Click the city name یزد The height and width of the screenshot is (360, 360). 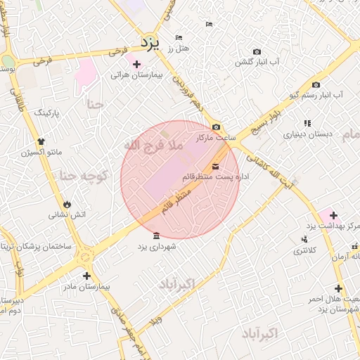[x=150, y=43]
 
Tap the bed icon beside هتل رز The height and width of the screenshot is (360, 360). [x=179, y=37]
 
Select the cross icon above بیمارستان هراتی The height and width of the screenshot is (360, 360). [x=136, y=64]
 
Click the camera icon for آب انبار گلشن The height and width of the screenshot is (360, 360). [x=257, y=52]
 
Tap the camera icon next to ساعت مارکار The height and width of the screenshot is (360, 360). [x=216, y=127]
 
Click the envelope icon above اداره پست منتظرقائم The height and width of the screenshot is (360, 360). [x=214, y=167]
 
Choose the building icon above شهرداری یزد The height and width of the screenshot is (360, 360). [x=155, y=236]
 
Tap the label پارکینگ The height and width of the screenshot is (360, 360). [x=48, y=112]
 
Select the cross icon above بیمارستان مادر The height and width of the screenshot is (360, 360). [x=86, y=276]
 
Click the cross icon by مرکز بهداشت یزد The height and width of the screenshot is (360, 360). [x=333, y=215]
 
